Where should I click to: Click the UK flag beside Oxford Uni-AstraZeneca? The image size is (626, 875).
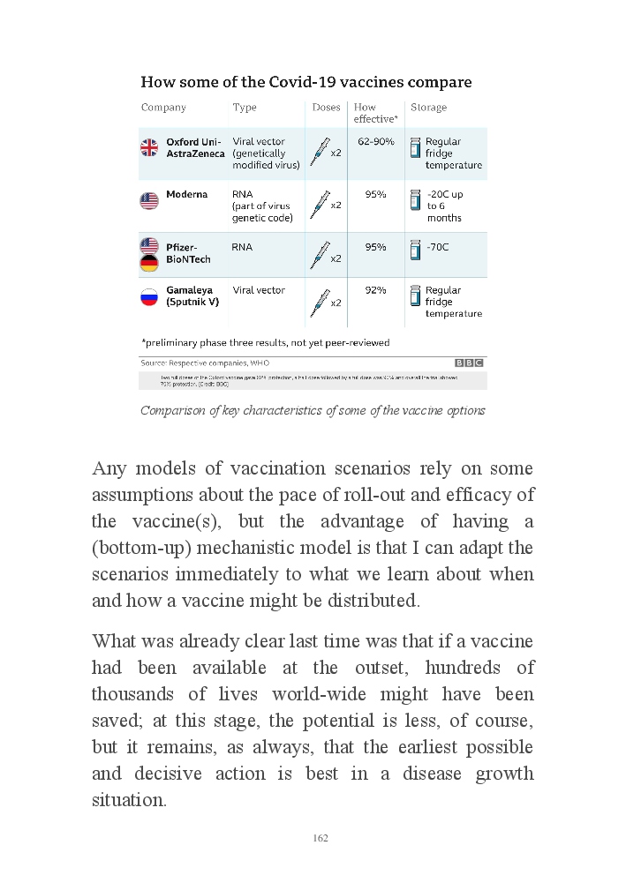(x=149, y=147)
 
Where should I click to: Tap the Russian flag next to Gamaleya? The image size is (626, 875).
(x=149, y=297)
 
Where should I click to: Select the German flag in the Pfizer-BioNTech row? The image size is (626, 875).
(x=149, y=263)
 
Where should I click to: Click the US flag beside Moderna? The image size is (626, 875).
(x=149, y=200)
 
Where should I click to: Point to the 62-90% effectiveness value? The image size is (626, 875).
(x=375, y=141)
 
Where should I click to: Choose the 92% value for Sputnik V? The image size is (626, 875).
(x=375, y=290)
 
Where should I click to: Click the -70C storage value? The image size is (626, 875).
(x=437, y=247)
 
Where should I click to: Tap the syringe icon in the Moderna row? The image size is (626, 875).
(x=320, y=204)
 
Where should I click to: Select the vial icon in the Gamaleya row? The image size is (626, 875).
(x=414, y=295)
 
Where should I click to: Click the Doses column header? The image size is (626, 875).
(x=326, y=108)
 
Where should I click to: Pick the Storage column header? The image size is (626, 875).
(x=428, y=108)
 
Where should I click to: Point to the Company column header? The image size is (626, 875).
(x=163, y=108)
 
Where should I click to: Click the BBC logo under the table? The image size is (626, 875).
(x=469, y=363)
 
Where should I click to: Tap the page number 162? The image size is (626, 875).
(x=321, y=838)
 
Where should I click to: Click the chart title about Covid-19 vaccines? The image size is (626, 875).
(x=305, y=82)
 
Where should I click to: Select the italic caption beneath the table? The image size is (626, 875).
(x=313, y=410)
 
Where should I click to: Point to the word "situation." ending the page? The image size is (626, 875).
(x=129, y=800)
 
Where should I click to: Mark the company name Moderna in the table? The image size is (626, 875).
(x=186, y=194)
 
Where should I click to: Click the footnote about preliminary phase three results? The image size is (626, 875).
(x=265, y=342)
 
